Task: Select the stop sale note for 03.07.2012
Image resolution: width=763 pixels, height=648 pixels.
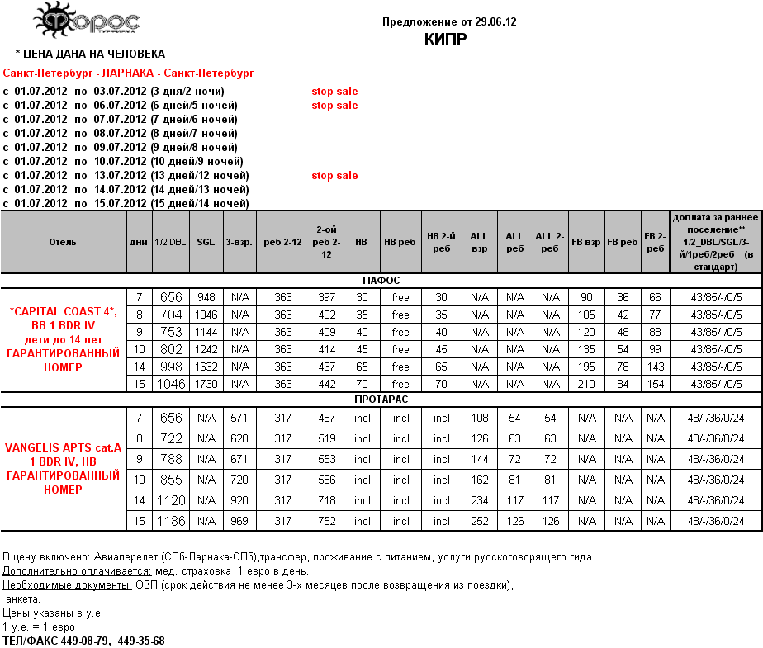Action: click(334, 91)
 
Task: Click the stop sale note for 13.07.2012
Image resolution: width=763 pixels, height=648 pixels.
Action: click(334, 175)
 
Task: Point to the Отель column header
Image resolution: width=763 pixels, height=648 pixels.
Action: click(63, 242)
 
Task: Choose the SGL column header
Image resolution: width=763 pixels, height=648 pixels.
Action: click(205, 242)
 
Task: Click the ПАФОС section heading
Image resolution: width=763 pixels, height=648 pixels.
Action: click(381, 281)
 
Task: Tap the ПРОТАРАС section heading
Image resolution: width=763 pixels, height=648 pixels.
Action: click(381, 399)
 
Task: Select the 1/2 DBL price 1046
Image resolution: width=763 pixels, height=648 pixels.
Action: click(171, 385)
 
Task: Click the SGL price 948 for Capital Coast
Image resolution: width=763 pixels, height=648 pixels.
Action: click(205, 297)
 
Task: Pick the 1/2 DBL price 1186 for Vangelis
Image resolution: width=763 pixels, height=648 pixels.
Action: click(171, 521)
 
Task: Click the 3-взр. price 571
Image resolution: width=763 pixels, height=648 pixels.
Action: click(240, 417)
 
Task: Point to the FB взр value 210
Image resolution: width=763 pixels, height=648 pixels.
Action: click(586, 385)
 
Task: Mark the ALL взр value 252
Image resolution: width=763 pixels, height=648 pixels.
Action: click(479, 521)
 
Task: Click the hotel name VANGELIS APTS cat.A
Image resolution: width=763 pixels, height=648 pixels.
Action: click(63, 447)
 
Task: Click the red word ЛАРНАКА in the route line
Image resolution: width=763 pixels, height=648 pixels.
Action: click(126, 73)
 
